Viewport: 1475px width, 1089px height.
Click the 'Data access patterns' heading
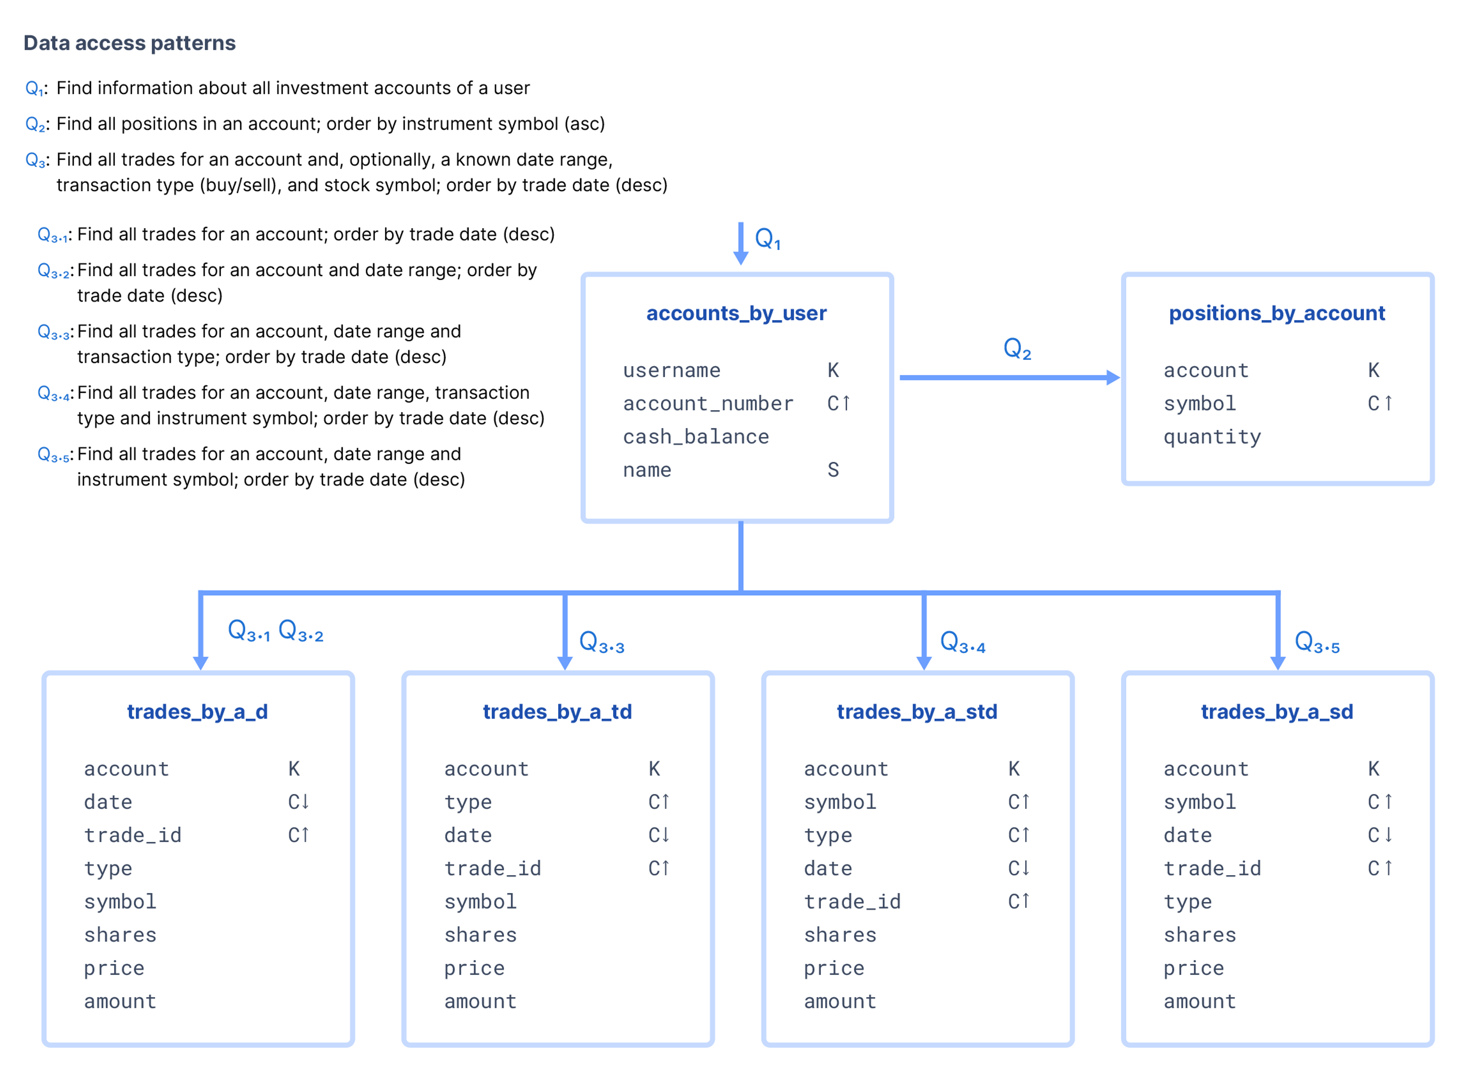(130, 43)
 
